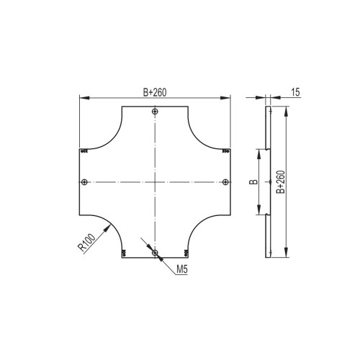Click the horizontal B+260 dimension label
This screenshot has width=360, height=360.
coord(155,92)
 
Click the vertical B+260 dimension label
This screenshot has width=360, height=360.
coord(281,182)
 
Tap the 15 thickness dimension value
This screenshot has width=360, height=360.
coord(296,92)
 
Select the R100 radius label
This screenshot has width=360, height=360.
coord(87,243)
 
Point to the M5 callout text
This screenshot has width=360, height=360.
coord(182,269)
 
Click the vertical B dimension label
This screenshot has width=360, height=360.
coord(253,182)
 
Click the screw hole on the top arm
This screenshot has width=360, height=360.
coord(156,112)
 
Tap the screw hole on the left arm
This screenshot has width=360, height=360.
coord(84,182)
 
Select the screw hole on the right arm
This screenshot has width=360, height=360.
coord(225,182)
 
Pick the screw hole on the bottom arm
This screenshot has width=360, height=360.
coord(155,253)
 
